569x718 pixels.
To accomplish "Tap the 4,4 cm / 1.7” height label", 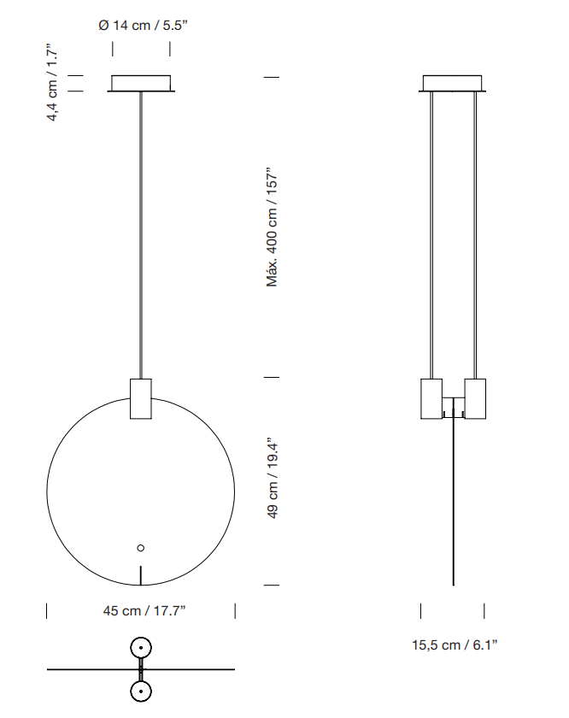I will tap(53, 83).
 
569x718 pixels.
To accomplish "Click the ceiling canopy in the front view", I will tap(142, 84).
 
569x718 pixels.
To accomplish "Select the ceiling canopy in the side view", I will tap(454, 84).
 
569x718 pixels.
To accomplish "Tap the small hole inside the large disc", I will tap(141, 548).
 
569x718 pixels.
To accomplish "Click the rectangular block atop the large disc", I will tap(141, 399).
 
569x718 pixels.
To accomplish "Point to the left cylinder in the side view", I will tap(432, 398).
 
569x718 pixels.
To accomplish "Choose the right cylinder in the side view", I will tap(474, 398).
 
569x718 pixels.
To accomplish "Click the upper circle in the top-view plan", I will tap(141, 649).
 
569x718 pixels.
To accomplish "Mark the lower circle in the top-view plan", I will tap(141, 691).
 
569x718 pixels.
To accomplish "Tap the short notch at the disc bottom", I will tap(141, 575).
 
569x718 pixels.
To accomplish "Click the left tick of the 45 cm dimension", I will tap(46, 610).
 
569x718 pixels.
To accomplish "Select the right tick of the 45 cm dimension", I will tap(235, 610).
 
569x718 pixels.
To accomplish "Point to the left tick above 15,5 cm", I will tap(421, 610).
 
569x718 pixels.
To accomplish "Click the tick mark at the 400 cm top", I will tap(273, 77).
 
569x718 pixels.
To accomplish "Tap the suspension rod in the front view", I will tap(141, 231).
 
